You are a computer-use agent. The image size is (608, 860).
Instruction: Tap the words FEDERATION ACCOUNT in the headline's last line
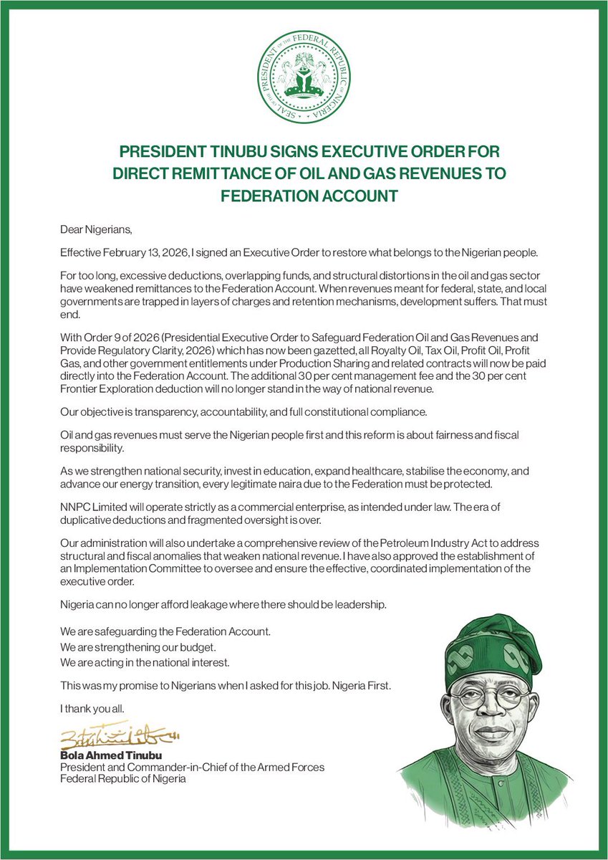304,196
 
